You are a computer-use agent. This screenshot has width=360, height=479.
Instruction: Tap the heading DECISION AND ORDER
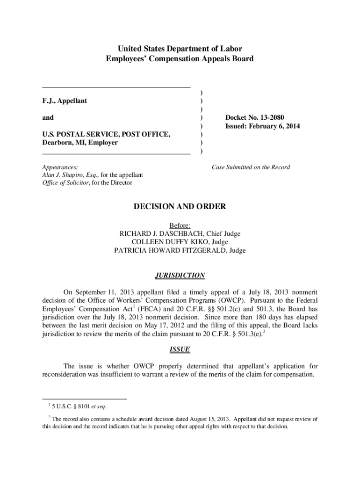[180, 206]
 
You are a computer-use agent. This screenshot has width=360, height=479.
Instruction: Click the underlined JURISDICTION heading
[180, 276]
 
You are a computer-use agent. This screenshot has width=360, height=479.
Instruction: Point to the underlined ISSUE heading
[180, 349]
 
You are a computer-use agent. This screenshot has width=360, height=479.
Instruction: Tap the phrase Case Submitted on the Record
[251, 167]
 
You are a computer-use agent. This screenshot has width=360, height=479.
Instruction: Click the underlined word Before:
[180, 225]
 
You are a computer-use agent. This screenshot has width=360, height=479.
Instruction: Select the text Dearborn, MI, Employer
[80, 143]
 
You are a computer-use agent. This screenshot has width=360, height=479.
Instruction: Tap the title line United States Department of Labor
[180, 49]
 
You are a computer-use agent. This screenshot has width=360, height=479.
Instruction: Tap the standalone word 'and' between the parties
[48, 117]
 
